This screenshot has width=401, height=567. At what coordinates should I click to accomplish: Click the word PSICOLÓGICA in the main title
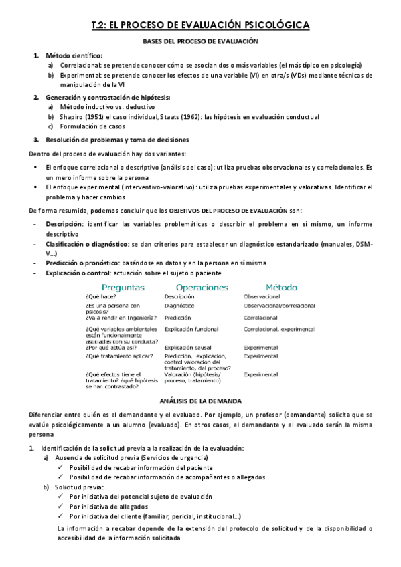coord(274,25)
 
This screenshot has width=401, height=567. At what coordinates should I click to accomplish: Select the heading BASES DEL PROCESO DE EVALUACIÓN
coord(201,41)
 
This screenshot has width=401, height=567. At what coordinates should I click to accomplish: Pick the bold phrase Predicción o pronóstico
coord(82,265)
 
